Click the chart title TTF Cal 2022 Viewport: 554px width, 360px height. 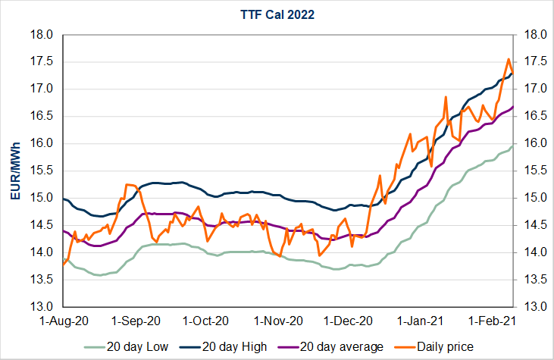coord(277,13)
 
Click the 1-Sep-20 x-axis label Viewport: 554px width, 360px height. coord(135,321)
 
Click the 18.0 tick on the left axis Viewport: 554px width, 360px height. coord(41,35)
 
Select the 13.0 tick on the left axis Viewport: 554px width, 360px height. coord(41,307)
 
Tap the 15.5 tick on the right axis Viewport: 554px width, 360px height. coord(534,171)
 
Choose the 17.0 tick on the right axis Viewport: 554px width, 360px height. coord(534,89)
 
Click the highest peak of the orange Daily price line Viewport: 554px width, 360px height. coord(508,59)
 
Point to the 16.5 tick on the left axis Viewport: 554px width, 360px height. coord(41,117)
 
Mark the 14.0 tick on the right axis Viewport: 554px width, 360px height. coord(534,252)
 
